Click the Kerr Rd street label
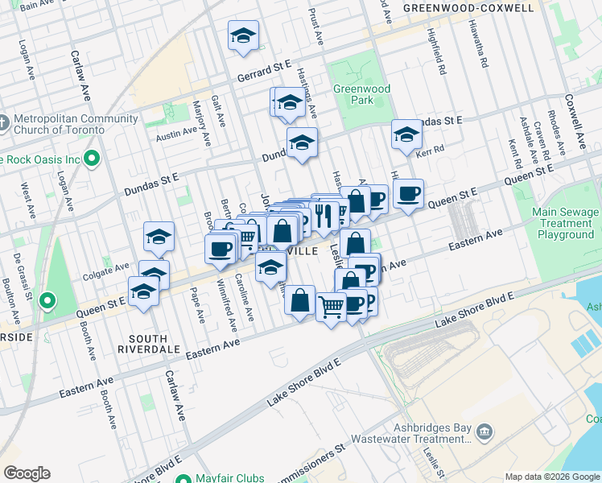[431, 151]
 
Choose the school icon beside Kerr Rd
[407, 134]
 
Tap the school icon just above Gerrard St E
[243, 36]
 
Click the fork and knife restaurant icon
[323, 215]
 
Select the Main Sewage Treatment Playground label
[566, 223]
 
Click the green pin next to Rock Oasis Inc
[92, 159]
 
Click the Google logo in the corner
[27, 473]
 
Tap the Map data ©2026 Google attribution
[551, 477]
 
